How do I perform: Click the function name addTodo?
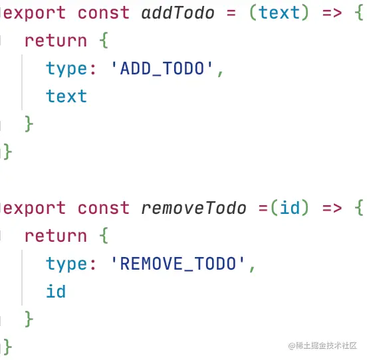pyautogui.click(x=178, y=13)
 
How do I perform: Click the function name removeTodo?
pyautogui.click(x=193, y=208)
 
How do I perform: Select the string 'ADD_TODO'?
pyautogui.click(x=162, y=68)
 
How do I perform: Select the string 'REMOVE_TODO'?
pyautogui.click(x=178, y=264)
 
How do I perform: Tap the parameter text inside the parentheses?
pyautogui.click(x=279, y=13)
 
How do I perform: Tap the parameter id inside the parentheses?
pyautogui.click(x=290, y=208)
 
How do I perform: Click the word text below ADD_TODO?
pyautogui.click(x=66, y=96)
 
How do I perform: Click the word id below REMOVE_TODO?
pyautogui.click(x=56, y=292)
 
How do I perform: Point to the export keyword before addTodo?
pyautogui.click(x=35, y=13)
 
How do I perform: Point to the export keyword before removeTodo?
pyautogui.click(x=35, y=209)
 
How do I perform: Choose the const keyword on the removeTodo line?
pyautogui.click(x=104, y=208)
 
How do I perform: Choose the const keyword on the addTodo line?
pyautogui.click(x=104, y=13)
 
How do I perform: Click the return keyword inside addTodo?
pyautogui.click(x=56, y=41)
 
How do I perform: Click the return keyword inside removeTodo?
pyautogui.click(x=56, y=236)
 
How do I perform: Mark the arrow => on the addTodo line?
pyautogui.click(x=332, y=13)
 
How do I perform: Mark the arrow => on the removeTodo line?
pyautogui.click(x=332, y=209)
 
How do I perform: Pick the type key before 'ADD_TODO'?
pyautogui.click(x=70, y=68)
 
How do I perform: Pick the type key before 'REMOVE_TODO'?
pyautogui.click(x=70, y=264)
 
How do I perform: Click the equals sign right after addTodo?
pyautogui.click(x=231, y=13)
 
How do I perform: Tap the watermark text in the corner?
pyautogui.click(x=322, y=345)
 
